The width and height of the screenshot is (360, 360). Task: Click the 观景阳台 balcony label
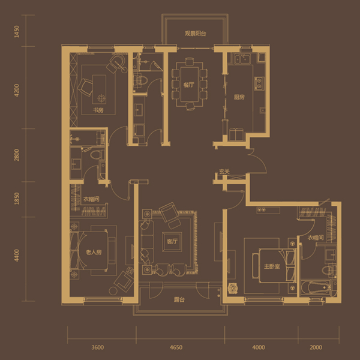[196, 34]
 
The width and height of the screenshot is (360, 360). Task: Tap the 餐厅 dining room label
[189, 85]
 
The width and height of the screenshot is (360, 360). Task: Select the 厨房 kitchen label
[239, 97]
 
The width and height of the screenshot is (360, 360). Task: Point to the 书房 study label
[98, 110]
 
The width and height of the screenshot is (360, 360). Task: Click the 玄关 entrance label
[224, 172]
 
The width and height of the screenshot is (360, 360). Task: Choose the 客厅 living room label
[172, 242]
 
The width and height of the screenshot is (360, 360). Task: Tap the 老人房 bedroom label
[94, 253]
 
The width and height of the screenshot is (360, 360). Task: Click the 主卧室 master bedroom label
[272, 266]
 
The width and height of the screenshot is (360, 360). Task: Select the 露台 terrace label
[179, 299]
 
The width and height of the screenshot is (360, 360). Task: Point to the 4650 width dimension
[176, 347]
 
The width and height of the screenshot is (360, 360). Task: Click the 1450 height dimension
[17, 31]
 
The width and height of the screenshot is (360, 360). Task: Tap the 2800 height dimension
[17, 155]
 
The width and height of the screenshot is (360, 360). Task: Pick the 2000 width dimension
[316, 347]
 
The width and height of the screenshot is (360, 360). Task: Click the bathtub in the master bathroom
[316, 287]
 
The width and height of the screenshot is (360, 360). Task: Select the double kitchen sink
[242, 59]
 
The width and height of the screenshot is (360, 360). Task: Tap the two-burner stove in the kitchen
[259, 83]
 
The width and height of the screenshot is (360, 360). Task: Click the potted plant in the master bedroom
[233, 288]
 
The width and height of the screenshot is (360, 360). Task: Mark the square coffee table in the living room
[172, 242]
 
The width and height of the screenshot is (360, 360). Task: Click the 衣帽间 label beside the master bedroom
[316, 238]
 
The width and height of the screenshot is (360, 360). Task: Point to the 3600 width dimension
[98, 347]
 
